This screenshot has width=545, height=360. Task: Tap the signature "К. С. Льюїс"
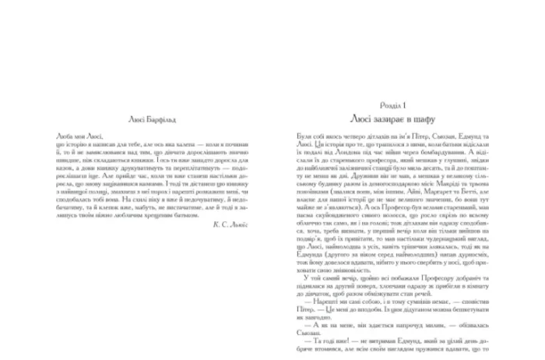click(239, 244)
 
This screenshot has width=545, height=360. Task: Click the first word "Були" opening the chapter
click(300, 135)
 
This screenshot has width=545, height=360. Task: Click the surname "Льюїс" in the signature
click(248, 244)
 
